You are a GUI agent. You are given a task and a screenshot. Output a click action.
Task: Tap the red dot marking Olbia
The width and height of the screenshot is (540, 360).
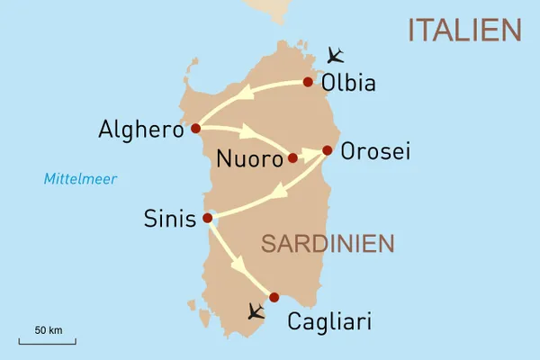tap(308, 82)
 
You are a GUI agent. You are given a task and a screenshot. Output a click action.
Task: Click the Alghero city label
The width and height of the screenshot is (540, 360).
tap(140, 130)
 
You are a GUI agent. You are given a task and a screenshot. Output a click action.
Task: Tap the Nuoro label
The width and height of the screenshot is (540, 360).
tap(249, 160)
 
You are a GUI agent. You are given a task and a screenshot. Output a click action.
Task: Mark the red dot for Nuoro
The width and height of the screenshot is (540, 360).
tap(292, 158)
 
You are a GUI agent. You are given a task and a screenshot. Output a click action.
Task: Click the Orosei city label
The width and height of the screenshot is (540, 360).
tap(375, 152)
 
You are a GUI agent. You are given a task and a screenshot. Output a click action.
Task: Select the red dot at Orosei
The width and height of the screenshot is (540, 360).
tap(328, 150)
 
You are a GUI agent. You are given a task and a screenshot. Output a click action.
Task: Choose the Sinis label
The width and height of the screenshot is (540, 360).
tap(169, 219)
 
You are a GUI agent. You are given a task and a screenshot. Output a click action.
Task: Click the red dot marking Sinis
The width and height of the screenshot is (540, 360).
tap(208, 218)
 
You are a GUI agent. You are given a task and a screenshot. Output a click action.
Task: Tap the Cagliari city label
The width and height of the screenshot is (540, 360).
tap(328, 321)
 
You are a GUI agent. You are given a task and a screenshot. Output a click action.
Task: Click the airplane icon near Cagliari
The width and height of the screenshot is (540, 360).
tap(256, 312)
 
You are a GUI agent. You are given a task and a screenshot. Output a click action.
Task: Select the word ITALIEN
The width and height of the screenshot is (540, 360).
tap(464, 30)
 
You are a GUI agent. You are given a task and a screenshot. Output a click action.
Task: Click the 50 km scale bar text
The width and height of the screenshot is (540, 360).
tap(48, 330)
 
